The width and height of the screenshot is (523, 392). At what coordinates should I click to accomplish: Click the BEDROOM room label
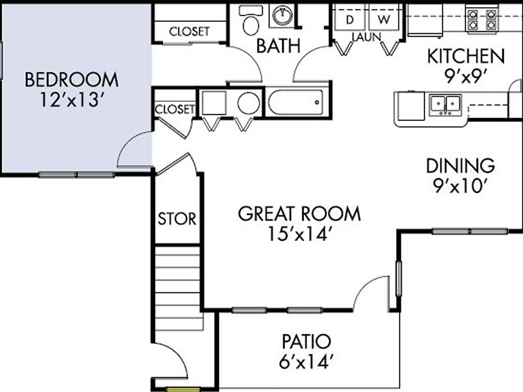coord(71,80)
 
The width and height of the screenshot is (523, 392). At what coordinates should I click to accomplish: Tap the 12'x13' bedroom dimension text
coord(71,100)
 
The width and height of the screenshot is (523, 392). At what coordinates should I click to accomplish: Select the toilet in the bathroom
coord(251,21)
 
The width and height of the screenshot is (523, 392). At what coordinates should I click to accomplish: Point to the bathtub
coord(296,102)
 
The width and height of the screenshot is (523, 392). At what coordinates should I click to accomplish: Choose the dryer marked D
coord(350,19)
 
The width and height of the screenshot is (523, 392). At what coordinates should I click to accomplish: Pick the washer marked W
coord(384,19)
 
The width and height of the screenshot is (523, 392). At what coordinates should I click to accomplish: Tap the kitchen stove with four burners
coord(482,19)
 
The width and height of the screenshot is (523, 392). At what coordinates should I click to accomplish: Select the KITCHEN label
coord(466,56)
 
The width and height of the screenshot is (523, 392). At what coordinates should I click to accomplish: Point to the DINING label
coord(460,165)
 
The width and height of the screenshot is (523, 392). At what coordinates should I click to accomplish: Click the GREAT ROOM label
coord(299,213)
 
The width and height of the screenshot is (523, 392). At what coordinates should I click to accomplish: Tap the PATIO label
coord(306,342)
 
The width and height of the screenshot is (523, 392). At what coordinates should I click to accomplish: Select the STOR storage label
coord(177,219)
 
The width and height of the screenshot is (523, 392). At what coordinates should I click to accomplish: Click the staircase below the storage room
coord(179,289)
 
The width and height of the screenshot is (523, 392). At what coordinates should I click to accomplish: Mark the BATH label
coord(278,46)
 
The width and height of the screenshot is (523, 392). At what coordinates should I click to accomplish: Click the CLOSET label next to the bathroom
coord(189,32)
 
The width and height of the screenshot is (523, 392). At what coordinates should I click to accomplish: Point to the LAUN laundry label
coord(366,37)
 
